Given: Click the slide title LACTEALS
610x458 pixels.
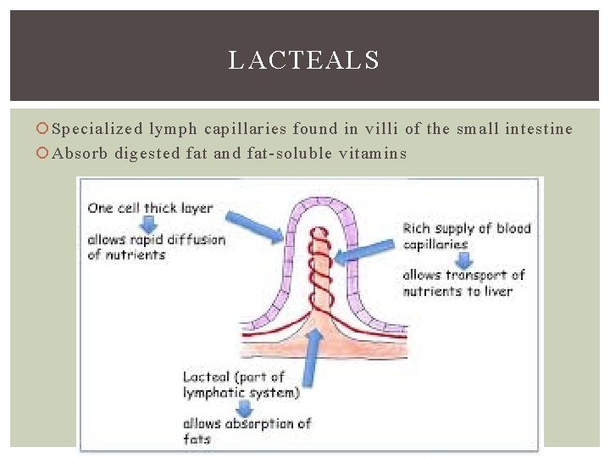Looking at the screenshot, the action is [303, 61].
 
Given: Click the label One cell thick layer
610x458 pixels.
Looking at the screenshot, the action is [151, 208].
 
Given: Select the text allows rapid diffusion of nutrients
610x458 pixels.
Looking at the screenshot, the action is [156, 247].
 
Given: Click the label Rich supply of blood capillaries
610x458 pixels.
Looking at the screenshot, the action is [466, 235].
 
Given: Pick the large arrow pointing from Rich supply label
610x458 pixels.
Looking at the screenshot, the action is [365, 253].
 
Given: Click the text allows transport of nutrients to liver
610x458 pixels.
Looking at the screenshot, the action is [463, 283].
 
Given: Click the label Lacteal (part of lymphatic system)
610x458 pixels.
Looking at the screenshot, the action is [241, 384].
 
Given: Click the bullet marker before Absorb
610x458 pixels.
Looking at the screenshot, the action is [43, 154].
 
